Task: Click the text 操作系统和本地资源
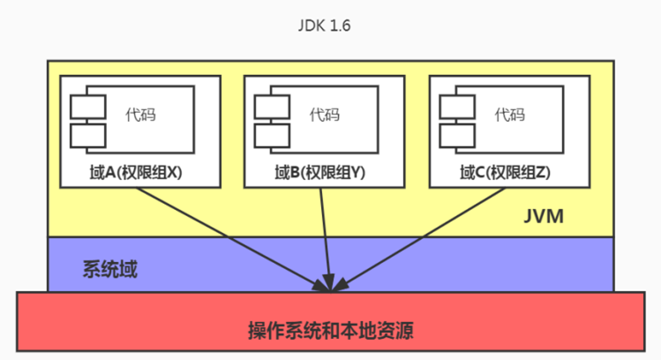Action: click(331, 333)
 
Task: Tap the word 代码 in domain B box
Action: click(324, 115)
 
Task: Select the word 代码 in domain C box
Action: click(509, 115)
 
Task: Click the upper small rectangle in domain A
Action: click(87, 105)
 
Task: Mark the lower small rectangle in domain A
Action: click(87, 135)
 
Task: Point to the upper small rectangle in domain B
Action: click(272, 105)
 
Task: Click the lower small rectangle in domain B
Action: click(272, 135)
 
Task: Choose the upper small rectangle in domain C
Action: click(456, 105)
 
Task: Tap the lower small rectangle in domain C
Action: click(456, 135)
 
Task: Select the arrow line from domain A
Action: click(229, 236)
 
